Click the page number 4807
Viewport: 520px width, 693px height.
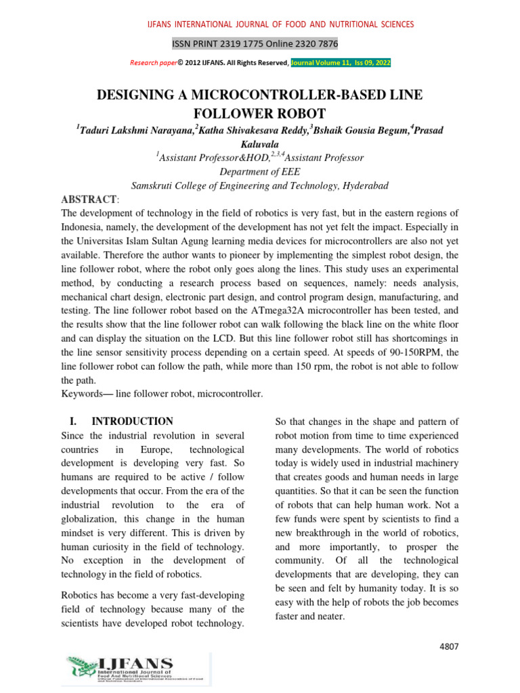click(449, 646)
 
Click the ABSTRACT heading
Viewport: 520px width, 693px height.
click(89, 200)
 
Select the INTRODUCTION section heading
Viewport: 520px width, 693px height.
click(132, 421)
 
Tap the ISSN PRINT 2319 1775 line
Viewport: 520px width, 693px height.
click(255, 44)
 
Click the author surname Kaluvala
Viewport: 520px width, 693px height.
click(259, 143)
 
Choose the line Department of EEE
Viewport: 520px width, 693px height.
click(259, 172)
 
